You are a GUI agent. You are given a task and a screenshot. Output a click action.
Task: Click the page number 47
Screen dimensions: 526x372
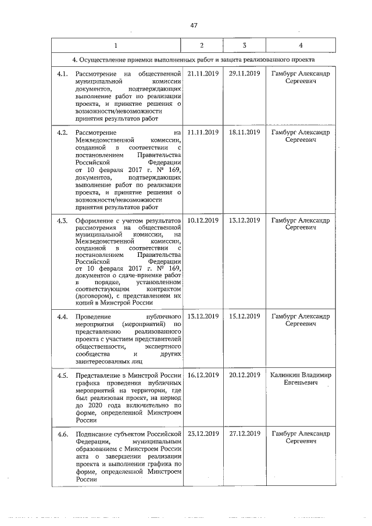pyautogui.click(x=194, y=25)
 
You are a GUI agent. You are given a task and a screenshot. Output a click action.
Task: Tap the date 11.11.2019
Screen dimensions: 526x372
pyautogui.click(x=203, y=133)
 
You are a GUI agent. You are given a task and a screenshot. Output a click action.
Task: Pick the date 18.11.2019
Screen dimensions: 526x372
pyautogui.click(x=244, y=133)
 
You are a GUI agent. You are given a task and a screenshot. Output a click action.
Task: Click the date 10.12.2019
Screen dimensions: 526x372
pyautogui.click(x=203, y=221)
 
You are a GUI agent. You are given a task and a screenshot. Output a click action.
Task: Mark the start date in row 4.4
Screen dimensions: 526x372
pyautogui.click(x=203, y=316)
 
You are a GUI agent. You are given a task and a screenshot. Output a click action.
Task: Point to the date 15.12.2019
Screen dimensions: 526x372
pyautogui.click(x=244, y=316)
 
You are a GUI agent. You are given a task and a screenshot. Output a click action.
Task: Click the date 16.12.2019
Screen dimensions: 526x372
pyautogui.click(x=203, y=375)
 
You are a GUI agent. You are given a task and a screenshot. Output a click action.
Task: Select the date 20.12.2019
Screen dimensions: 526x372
pyautogui.click(x=244, y=375)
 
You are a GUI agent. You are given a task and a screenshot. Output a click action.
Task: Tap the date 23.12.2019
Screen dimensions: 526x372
pyautogui.click(x=203, y=434)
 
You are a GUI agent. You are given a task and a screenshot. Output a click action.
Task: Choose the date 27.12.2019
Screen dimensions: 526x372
pyautogui.click(x=244, y=434)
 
